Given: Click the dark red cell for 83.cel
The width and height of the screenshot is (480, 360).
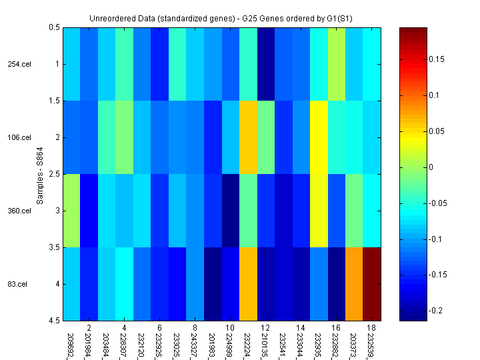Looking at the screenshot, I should click(372, 284).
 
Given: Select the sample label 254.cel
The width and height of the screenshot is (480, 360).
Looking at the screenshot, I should click(19, 64).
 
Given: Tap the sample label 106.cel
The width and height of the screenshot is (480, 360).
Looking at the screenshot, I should click(19, 137).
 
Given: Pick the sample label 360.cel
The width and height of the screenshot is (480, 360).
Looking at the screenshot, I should click(19, 211).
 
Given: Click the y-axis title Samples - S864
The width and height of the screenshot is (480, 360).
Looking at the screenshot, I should click(40, 174).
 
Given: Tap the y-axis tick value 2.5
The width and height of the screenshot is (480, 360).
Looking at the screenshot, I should click(54, 174).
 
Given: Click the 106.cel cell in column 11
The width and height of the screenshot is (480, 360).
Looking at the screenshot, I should click(248, 137).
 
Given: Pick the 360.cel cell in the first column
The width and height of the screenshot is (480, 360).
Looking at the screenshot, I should click(71, 211).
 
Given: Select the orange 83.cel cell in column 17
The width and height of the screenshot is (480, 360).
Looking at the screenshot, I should click(355, 284).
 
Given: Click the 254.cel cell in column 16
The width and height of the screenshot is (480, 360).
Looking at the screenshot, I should click(337, 64).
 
